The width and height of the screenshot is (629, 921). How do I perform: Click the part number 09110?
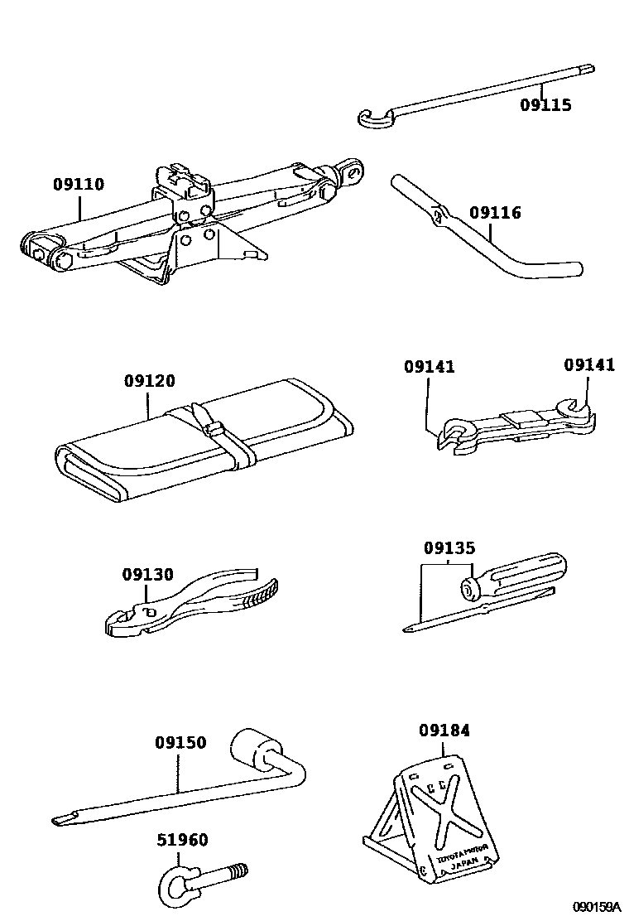pyautogui.click(x=79, y=184)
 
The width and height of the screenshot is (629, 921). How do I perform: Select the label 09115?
pyautogui.click(x=545, y=105)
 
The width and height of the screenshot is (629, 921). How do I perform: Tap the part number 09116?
pyautogui.click(x=496, y=213)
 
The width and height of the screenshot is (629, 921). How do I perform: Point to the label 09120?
pyautogui.click(x=150, y=381)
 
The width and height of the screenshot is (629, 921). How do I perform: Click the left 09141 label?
pyautogui.click(x=430, y=365)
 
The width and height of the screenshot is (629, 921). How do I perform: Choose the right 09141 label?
pyautogui.click(x=589, y=364)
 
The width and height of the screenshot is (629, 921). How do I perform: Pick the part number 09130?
pyautogui.click(x=147, y=573)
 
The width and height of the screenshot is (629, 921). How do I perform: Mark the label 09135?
pyautogui.click(x=449, y=547)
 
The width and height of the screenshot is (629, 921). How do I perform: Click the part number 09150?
pyautogui.click(x=180, y=743)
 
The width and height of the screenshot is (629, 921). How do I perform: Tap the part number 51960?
pyautogui.click(x=182, y=841)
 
